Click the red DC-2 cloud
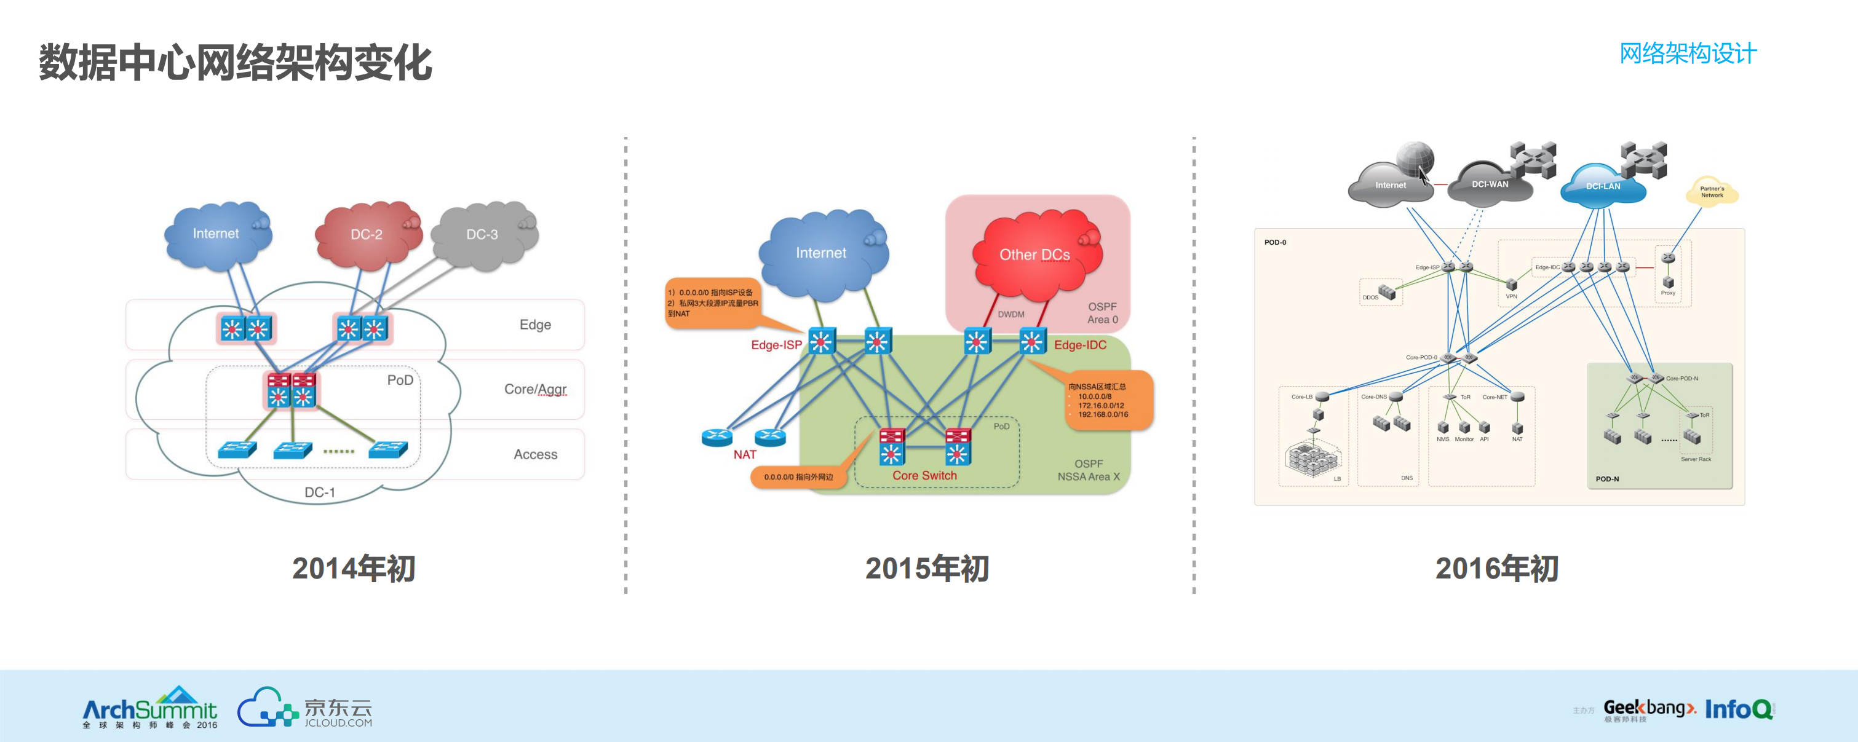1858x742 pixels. tap(367, 234)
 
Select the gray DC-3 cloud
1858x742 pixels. tap(482, 234)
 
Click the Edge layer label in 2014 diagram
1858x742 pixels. tap(534, 325)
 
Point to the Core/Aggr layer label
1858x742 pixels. tap(534, 389)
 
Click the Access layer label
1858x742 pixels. tap(534, 454)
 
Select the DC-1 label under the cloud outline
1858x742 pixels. tap(320, 492)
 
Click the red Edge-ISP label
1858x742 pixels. tap(776, 345)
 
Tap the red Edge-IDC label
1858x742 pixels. tap(1080, 345)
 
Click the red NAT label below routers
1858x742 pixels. tap(744, 455)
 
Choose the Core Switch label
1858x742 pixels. tap(924, 476)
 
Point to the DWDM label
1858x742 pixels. tap(1010, 314)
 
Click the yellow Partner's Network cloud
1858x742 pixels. tap(1712, 192)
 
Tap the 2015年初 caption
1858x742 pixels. tap(927, 568)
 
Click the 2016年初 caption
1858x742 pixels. tap(1496, 568)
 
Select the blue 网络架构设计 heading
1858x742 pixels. tap(1687, 53)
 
